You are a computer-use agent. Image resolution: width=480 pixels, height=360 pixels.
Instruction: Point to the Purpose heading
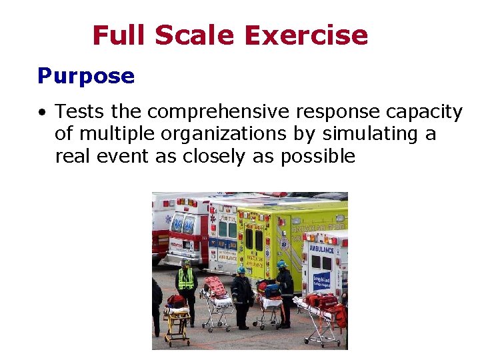[86, 76]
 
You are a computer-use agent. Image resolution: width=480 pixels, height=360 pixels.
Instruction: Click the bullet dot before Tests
[42, 112]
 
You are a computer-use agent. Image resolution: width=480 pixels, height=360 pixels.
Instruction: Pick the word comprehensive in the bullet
[217, 112]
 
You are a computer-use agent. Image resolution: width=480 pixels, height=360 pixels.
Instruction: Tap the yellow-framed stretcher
[176, 319]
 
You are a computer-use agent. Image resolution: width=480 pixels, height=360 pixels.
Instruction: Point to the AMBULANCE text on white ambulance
[321, 249]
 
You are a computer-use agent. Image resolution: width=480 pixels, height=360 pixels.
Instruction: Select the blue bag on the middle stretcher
[271, 291]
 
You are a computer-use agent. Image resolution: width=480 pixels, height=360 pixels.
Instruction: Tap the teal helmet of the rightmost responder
[282, 264]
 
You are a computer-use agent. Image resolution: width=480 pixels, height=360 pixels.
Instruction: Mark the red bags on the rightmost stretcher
[323, 302]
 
